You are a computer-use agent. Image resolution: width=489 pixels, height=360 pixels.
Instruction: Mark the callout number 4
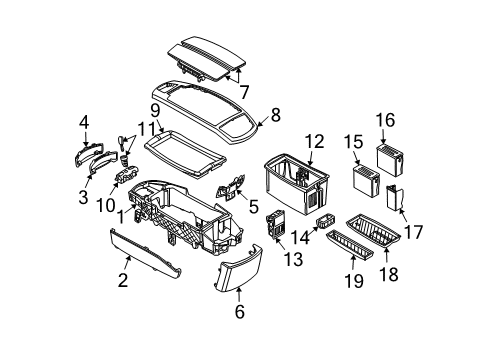coord(85,121)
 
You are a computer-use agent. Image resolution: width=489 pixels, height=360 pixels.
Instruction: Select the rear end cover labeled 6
coord(238,273)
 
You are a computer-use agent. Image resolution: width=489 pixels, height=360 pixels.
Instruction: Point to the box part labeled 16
coord(387,159)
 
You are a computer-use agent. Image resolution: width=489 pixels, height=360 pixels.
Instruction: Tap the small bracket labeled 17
coord(394,198)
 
